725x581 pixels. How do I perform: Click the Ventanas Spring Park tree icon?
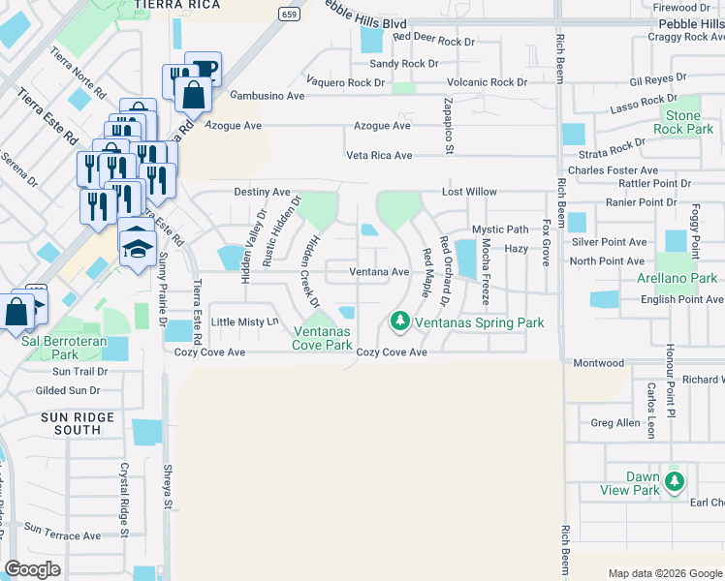coord(398,320)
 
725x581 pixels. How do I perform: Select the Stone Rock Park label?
coord(682,122)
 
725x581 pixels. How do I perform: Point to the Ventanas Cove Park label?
coord(323,338)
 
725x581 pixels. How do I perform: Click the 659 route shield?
coord(288,14)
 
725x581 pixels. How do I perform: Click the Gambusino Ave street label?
coord(268,96)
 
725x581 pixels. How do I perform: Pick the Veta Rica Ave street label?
coord(380,155)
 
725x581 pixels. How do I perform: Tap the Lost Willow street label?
coord(469,192)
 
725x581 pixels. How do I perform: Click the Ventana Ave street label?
coord(379,272)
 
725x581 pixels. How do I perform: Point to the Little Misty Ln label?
coord(245,321)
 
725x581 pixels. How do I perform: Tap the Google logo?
coord(33,569)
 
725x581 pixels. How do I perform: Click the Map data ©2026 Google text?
coord(664,573)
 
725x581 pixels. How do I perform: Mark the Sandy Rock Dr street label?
coord(404,64)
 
